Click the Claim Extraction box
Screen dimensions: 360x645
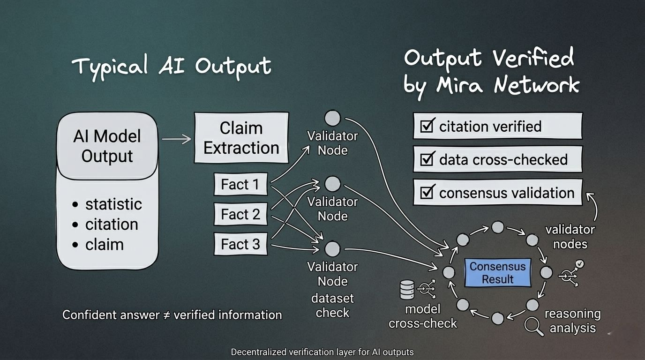(241, 138)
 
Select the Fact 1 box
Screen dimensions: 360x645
(240, 185)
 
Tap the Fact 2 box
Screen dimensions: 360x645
(240, 215)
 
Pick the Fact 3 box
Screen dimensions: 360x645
(240, 245)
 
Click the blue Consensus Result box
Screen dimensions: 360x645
(498, 273)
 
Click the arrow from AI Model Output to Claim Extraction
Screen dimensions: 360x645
(176, 139)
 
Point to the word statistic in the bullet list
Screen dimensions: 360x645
(113, 204)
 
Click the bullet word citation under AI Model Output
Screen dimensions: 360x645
(112, 225)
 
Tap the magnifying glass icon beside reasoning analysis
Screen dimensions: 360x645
(533, 326)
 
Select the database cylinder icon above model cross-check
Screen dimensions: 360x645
(407, 290)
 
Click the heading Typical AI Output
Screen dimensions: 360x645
(172, 66)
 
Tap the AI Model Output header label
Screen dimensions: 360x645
(107, 146)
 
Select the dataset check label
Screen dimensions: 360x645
(332, 306)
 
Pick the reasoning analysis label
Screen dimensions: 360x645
(572, 321)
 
